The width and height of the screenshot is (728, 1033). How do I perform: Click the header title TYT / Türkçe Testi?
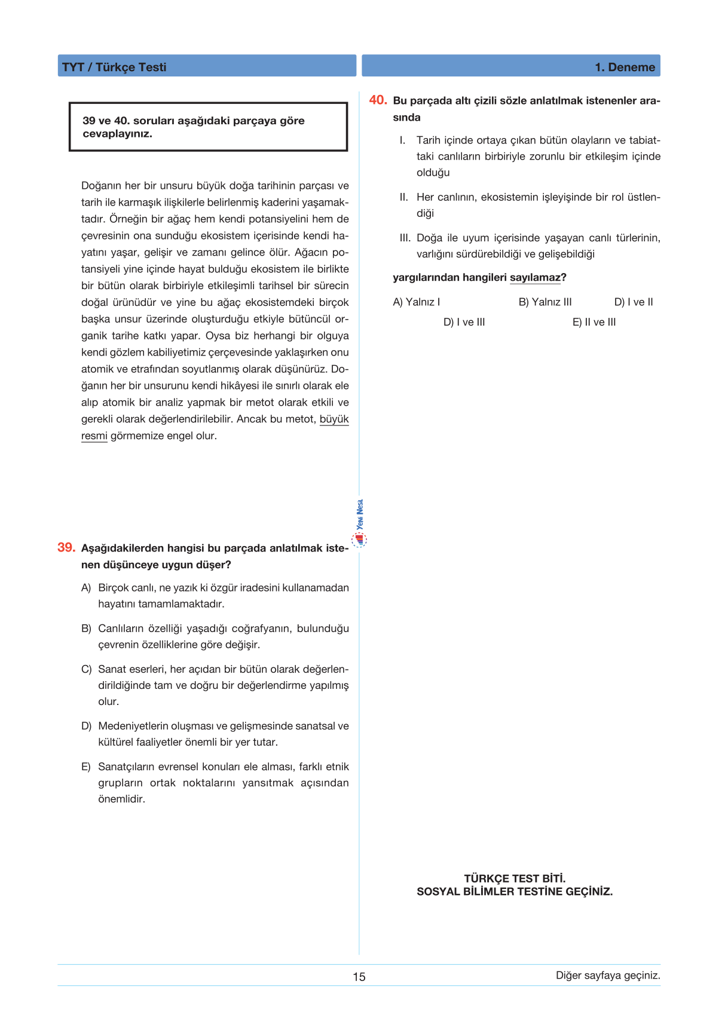click(114, 67)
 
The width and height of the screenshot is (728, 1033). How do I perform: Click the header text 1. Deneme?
click(625, 67)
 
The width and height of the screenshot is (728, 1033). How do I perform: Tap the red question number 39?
click(66, 547)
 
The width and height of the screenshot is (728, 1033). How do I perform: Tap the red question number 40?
click(378, 100)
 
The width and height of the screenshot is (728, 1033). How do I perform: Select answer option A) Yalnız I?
click(416, 302)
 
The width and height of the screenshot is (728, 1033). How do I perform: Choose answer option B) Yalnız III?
click(545, 302)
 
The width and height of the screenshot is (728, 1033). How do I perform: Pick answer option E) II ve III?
click(594, 322)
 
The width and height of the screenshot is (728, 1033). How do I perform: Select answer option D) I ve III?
click(464, 322)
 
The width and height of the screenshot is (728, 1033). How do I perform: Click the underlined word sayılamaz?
click(535, 278)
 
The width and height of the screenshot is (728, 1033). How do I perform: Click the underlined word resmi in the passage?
click(94, 436)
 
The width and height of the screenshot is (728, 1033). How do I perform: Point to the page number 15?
click(359, 977)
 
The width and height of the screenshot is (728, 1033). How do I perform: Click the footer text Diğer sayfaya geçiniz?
click(608, 976)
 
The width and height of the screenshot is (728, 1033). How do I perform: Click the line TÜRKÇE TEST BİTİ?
click(515, 878)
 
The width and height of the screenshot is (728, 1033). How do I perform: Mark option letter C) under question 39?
click(87, 669)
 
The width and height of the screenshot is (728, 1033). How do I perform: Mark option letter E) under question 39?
click(86, 767)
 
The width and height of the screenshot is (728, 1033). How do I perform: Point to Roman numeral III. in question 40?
click(405, 238)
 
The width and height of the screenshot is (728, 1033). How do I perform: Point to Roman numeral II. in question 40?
click(404, 197)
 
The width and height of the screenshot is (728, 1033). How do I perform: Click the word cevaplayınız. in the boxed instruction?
click(117, 134)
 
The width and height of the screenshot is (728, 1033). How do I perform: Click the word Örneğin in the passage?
click(127, 219)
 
